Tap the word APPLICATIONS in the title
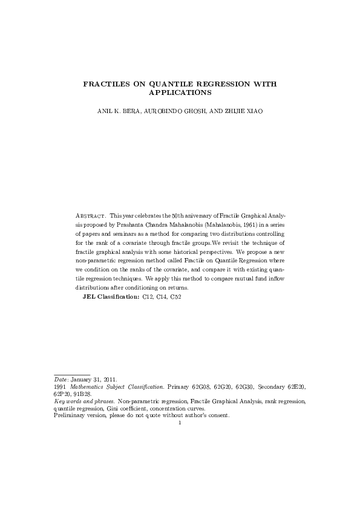tap(180, 94)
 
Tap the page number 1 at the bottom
tap(180, 423)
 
